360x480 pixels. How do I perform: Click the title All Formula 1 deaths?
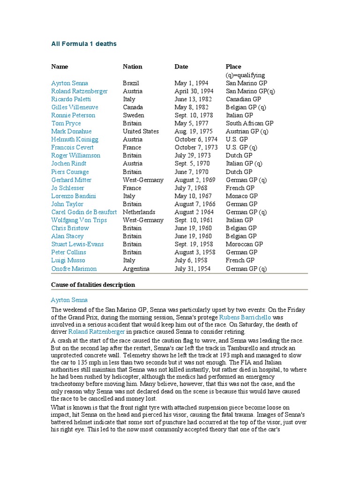pyautogui.click(x=83, y=44)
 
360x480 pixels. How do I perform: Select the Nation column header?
pyautogui.click(x=132, y=67)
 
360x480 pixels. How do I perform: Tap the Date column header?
pyautogui.click(x=181, y=67)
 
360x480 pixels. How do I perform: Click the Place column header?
pyautogui.click(x=233, y=67)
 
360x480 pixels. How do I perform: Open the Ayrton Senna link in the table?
pyautogui.click(x=69, y=83)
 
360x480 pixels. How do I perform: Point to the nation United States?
pyautogui.click(x=141, y=131)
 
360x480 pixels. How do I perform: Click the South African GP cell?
pyautogui.click(x=249, y=123)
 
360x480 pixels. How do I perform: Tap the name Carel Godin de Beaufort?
pyautogui.click(x=84, y=212)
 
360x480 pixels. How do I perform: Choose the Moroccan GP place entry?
pyautogui.click(x=244, y=244)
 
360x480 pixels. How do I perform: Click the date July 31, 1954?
pyautogui.click(x=192, y=269)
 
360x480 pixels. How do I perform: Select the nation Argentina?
pyautogui.click(x=136, y=269)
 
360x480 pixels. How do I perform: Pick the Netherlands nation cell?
pyautogui.click(x=139, y=212)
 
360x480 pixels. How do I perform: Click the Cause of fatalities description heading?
pyautogui.click(x=93, y=285)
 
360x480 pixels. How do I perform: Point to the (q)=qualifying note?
pyautogui.click(x=245, y=75)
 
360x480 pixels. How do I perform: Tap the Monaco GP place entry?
pyautogui.click(x=241, y=196)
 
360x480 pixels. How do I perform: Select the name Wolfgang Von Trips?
pyautogui.click(x=79, y=220)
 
